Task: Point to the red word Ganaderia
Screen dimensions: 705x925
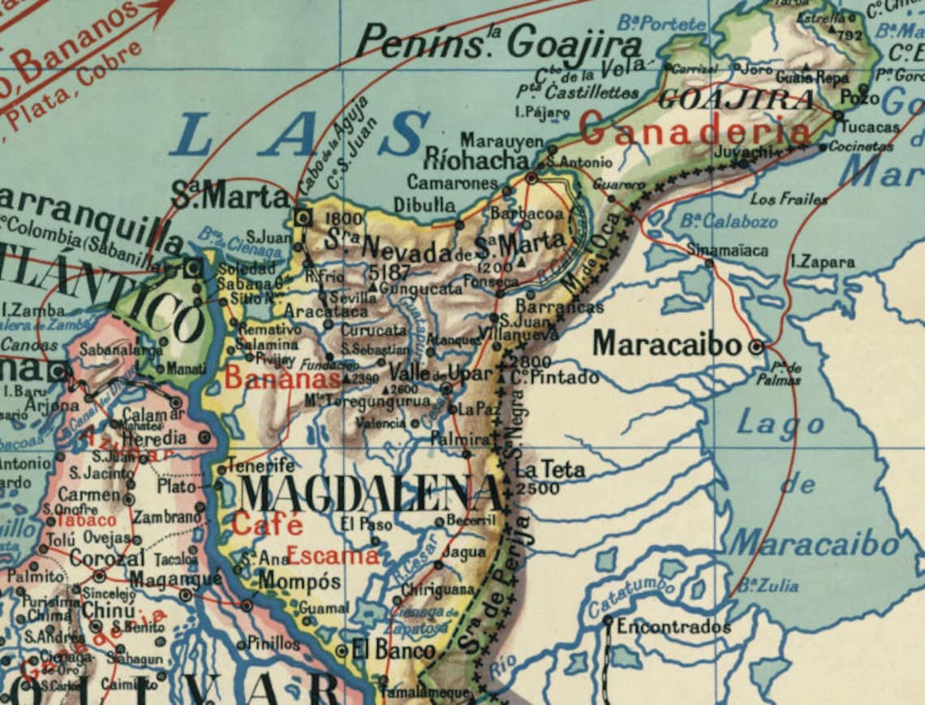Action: (x=695, y=131)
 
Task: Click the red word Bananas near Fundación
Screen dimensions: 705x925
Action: (x=282, y=377)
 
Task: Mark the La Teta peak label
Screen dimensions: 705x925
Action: (x=550, y=469)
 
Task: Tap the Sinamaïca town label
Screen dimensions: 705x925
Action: (x=726, y=250)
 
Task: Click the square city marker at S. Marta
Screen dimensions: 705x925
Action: (x=303, y=217)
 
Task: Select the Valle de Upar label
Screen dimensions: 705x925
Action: (x=441, y=374)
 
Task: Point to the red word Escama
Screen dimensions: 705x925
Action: (x=333, y=556)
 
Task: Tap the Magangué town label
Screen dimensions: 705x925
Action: (x=175, y=579)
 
